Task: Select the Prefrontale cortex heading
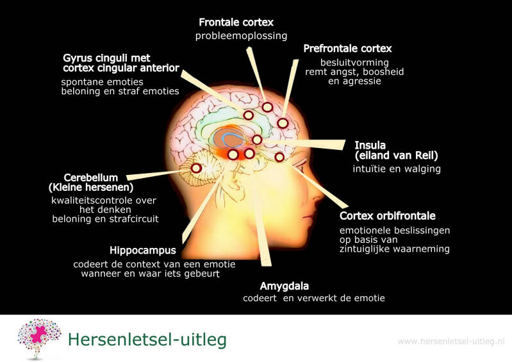point(347,49)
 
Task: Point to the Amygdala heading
point(284,286)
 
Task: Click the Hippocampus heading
point(142,251)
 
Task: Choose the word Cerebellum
point(90,177)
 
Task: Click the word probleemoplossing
point(241,36)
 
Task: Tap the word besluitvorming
point(354,63)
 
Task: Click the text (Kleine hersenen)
point(90,188)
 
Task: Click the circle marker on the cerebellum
point(197,168)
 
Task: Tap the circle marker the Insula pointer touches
point(257,140)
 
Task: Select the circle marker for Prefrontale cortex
point(282,123)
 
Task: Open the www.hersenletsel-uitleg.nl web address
point(451,341)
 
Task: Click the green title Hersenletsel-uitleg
point(147,339)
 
